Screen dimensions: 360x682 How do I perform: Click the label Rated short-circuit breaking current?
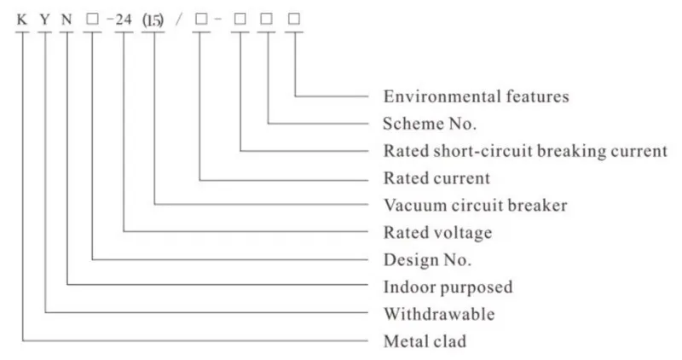click(524, 151)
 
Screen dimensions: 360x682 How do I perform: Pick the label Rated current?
click(436, 178)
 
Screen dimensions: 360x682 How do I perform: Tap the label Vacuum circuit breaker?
click(475, 206)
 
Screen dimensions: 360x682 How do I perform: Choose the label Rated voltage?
click(437, 232)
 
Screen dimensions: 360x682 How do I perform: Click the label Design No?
click(427, 259)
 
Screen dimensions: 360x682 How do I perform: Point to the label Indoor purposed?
click(448, 287)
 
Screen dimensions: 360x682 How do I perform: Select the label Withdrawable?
click(438, 314)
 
